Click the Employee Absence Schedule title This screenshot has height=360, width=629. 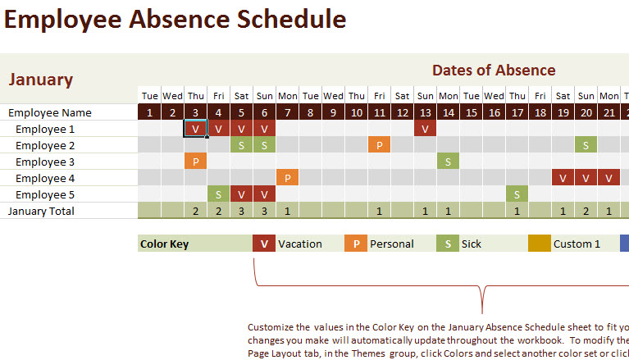pyautogui.click(x=175, y=20)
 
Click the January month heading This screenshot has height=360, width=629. pyautogui.click(x=41, y=80)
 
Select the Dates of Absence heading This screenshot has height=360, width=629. pyautogui.click(x=494, y=71)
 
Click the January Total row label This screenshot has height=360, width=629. pyautogui.click(x=41, y=211)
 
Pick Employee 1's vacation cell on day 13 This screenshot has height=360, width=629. pyautogui.click(x=425, y=129)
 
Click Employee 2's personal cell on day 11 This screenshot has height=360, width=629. pyautogui.click(x=379, y=145)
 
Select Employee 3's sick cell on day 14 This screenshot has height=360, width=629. pyautogui.click(x=448, y=162)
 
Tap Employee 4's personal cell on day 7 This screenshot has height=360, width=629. pyautogui.click(x=287, y=178)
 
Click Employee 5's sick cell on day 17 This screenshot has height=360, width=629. pyautogui.click(x=517, y=194)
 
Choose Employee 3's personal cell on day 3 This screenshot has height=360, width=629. pyautogui.click(x=195, y=162)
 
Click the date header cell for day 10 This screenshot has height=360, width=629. pyautogui.click(x=356, y=112)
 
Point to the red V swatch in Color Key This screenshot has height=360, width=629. pyautogui.click(x=263, y=244)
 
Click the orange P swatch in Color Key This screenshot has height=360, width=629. pyautogui.click(x=355, y=244)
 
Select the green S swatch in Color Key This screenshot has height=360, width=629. pyautogui.click(x=447, y=244)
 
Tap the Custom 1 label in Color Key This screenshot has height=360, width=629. pyautogui.click(x=577, y=244)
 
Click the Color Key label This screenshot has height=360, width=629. pyautogui.click(x=165, y=244)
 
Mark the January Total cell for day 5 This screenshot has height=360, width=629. pyautogui.click(x=241, y=211)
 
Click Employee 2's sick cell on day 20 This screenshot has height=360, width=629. pyautogui.click(x=586, y=145)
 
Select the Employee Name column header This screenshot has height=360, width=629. pyautogui.click(x=50, y=112)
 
